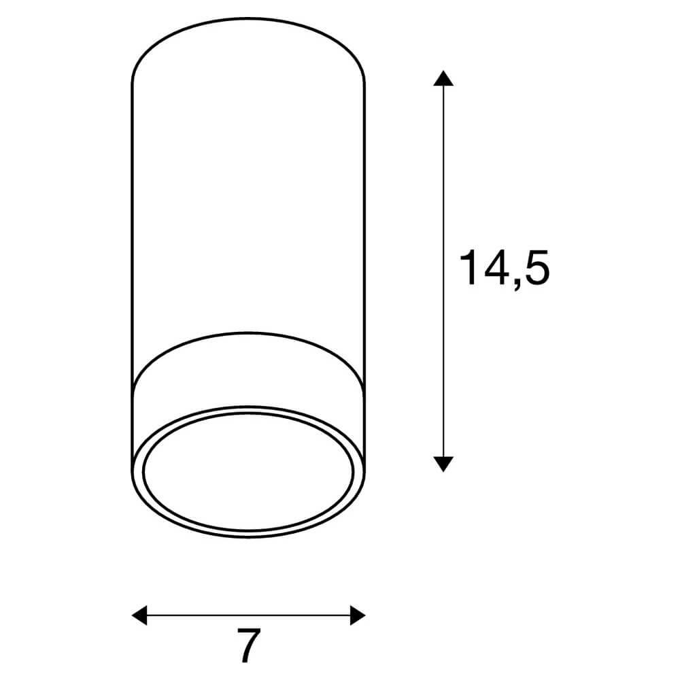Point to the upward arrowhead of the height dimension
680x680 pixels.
point(443,78)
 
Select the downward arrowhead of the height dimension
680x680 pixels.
point(443,464)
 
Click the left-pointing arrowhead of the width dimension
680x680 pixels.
point(139,615)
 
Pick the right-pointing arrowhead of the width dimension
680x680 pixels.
point(358,615)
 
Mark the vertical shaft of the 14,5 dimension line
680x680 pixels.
point(443,271)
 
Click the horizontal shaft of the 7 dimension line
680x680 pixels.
point(248,615)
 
